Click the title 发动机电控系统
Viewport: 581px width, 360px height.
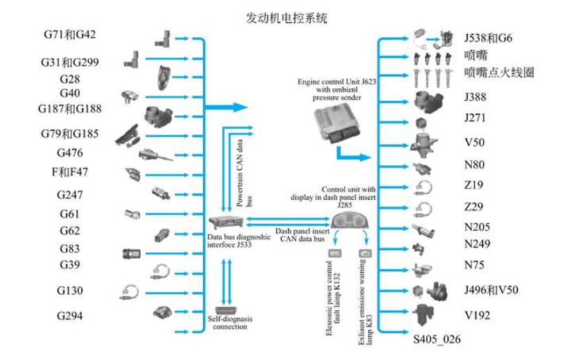(x=287, y=17)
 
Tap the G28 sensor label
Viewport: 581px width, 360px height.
(x=69, y=79)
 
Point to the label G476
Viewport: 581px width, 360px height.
(x=70, y=152)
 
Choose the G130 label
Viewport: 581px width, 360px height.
(x=70, y=290)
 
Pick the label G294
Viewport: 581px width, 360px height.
(x=70, y=315)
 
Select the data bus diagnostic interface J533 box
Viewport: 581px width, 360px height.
(x=226, y=223)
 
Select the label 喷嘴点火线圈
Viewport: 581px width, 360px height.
(x=500, y=72)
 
